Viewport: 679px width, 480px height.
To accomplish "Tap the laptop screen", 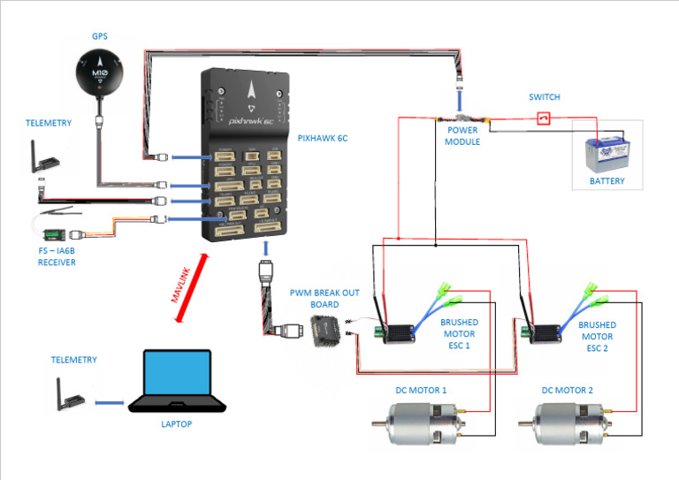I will [x=178, y=375].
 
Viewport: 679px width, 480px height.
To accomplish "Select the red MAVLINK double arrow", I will [x=189, y=286].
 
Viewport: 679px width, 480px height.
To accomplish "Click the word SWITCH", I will [x=545, y=97].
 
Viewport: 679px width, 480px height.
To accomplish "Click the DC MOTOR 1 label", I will [x=420, y=390].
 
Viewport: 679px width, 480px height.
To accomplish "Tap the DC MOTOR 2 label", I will [x=567, y=390].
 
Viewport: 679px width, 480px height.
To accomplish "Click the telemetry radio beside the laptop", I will [x=67, y=395].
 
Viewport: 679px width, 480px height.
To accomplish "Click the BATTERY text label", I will [x=607, y=181].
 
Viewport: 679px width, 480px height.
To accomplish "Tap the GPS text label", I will [x=100, y=37].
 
